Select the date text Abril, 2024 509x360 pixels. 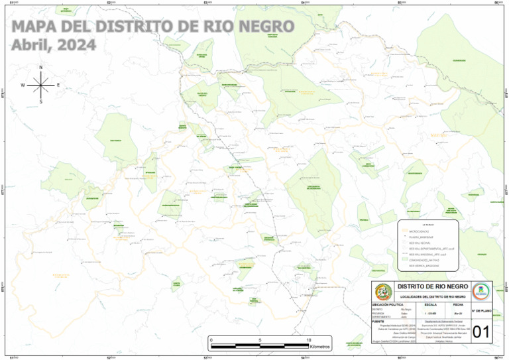click(x=54, y=44)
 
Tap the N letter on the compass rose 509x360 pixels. click(x=41, y=68)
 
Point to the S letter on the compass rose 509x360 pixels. click(x=41, y=102)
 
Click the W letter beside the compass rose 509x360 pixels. click(x=23, y=85)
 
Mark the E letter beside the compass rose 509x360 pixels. click(x=58, y=85)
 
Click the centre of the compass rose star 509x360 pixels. click(x=41, y=85)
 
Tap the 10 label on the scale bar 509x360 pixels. click(x=308, y=340)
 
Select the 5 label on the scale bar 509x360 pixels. click(x=260, y=340)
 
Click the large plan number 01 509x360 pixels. click(x=481, y=331)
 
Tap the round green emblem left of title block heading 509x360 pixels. click(x=382, y=291)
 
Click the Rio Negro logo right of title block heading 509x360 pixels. click(x=482, y=291)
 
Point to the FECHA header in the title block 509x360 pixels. click(x=457, y=304)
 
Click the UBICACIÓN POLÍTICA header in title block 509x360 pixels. click(x=388, y=304)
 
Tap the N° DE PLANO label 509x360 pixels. click(x=482, y=310)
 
